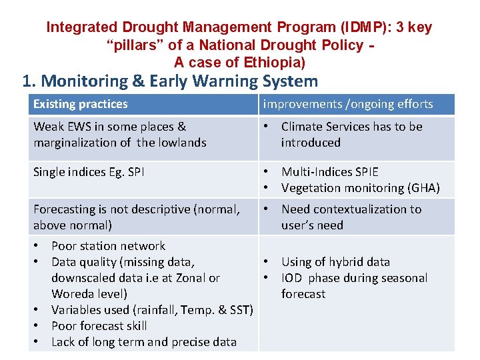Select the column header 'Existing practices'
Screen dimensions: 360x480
80,104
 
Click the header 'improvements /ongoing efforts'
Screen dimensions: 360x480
348,104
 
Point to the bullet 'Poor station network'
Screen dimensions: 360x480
108,246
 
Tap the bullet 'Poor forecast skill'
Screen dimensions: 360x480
99,326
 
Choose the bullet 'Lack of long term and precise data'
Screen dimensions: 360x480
143,342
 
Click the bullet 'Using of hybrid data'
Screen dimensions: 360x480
335,262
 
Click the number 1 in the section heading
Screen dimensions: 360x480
27,81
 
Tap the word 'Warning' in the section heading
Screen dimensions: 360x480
222,81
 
